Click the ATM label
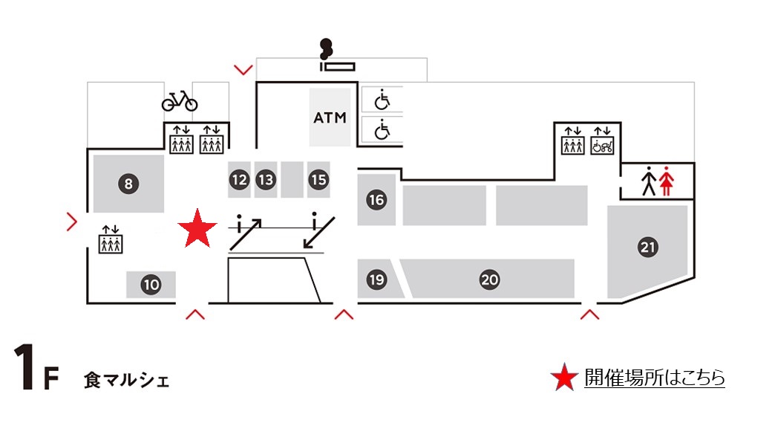(330, 117)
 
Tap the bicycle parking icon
(180, 100)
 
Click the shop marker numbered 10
(151, 284)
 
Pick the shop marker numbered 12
(239, 179)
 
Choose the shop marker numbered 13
(266, 179)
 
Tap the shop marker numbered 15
(318, 179)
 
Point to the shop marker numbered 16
(376, 199)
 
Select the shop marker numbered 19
(376, 280)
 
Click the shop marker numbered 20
(489, 280)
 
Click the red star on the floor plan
(197, 228)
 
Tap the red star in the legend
(564, 378)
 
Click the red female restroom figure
(666, 181)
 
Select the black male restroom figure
(649, 181)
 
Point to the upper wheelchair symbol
(382, 98)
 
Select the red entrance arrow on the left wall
(72, 221)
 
